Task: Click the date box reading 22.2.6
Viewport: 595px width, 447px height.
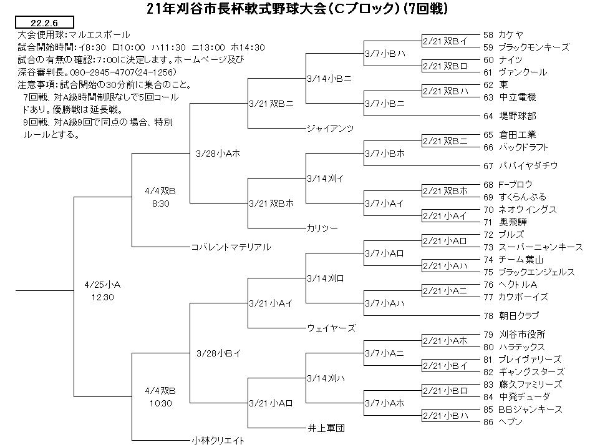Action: (x=44, y=22)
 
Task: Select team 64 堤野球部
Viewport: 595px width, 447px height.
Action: (x=510, y=116)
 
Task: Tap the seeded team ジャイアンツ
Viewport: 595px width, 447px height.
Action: (x=330, y=129)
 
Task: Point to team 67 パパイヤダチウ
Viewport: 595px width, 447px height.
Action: (x=521, y=165)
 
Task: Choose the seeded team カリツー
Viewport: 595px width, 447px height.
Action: (x=322, y=228)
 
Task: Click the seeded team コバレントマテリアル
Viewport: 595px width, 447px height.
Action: (x=231, y=247)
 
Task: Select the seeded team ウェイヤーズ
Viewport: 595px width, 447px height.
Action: (x=331, y=328)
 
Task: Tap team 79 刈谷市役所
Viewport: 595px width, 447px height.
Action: (x=514, y=334)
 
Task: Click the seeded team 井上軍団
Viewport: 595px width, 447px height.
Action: (x=326, y=428)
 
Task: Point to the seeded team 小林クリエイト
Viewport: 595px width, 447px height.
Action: (x=218, y=441)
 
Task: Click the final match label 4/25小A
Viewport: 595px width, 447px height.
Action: (x=102, y=285)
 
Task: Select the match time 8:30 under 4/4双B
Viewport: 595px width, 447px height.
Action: (x=160, y=204)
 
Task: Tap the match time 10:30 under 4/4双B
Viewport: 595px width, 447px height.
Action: (x=160, y=403)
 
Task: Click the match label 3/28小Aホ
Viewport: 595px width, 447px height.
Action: (x=218, y=154)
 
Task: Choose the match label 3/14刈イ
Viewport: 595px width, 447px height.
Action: (x=325, y=179)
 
